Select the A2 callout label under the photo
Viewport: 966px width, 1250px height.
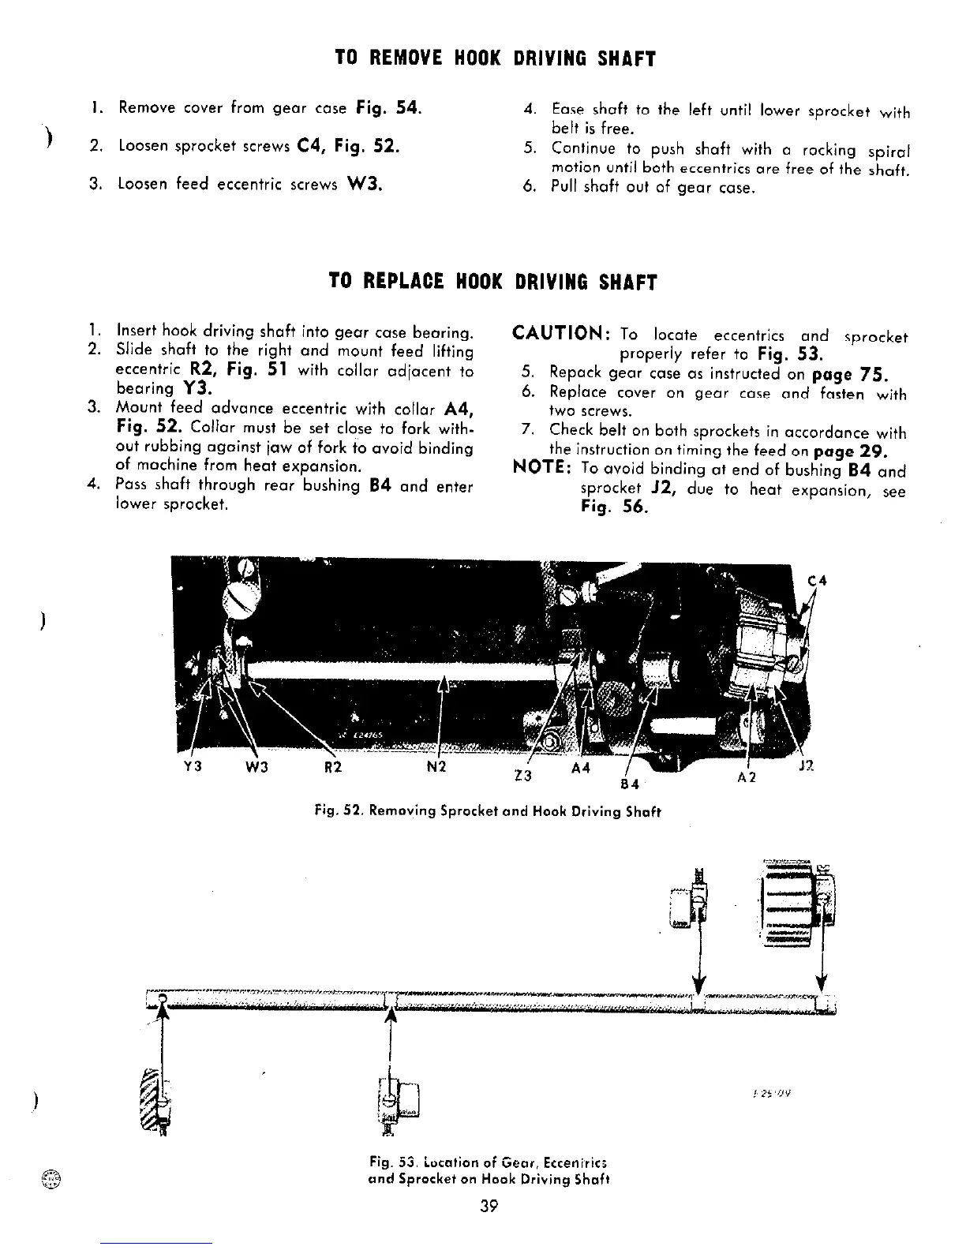click(x=747, y=777)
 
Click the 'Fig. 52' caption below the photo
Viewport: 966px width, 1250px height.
click(x=483, y=810)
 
